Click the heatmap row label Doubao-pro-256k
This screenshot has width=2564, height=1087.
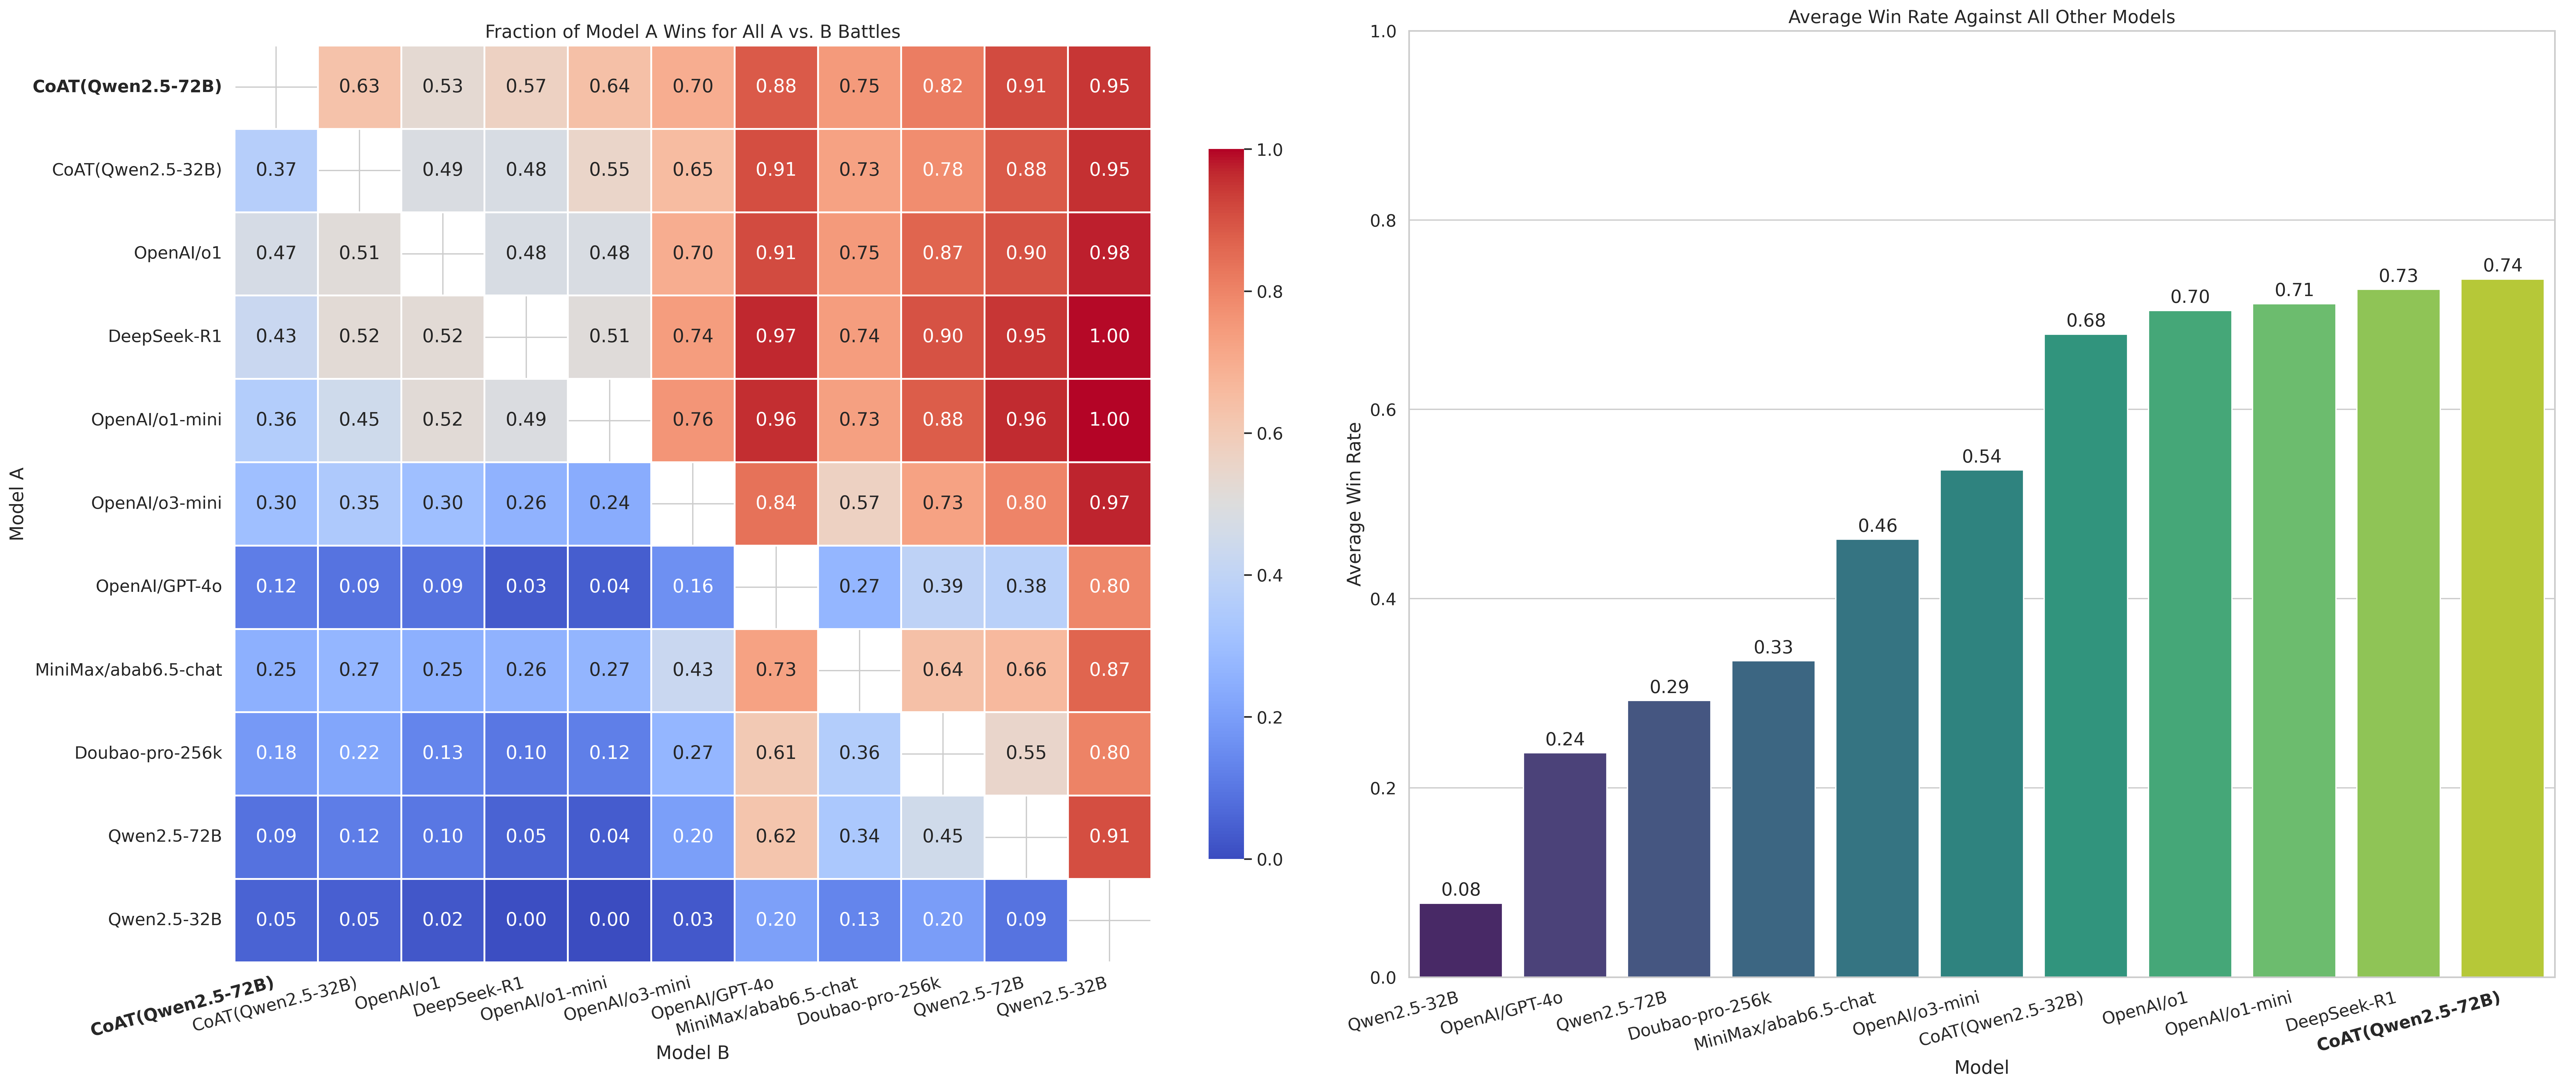tap(148, 752)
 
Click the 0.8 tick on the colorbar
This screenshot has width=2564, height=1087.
tap(1269, 292)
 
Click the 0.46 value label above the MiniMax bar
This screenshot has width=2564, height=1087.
tap(1877, 526)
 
